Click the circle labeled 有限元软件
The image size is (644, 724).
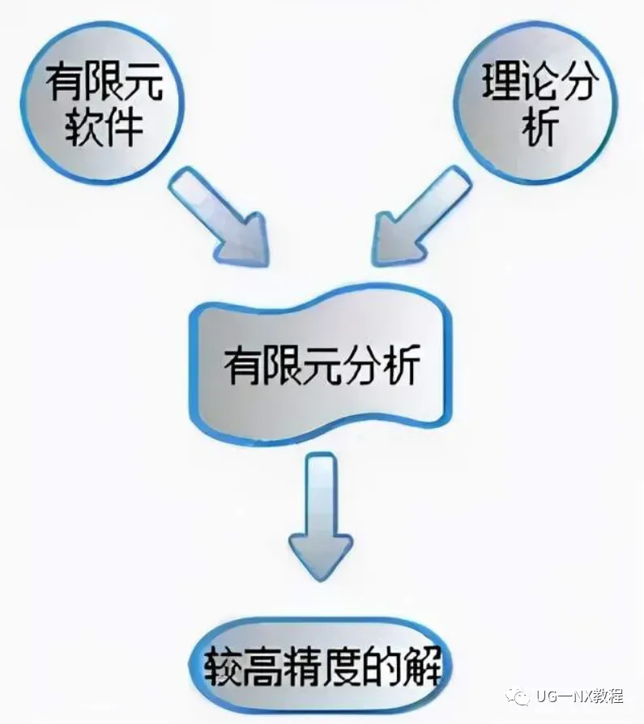[x=104, y=102]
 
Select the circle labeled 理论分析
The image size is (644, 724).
[x=540, y=102]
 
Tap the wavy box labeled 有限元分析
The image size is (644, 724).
[x=321, y=365]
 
